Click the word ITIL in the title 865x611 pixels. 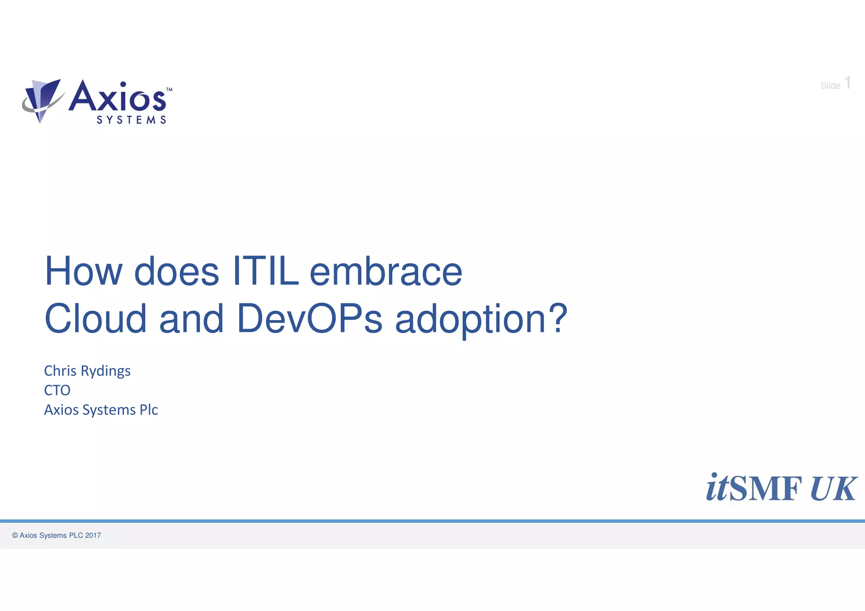point(265,272)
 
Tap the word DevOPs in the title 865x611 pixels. point(309,319)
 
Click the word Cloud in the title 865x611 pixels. point(95,319)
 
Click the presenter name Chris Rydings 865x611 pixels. point(87,371)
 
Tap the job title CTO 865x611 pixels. point(57,390)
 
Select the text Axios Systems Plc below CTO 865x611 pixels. point(101,410)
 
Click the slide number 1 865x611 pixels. point(847,83)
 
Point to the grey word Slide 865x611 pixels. point(830,86)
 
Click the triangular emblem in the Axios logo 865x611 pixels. point(42,99)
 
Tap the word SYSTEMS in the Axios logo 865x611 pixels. point(131,120)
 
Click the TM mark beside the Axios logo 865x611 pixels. point(169,90)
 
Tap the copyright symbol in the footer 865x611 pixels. point(15,535)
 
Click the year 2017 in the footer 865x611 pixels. point(93,535)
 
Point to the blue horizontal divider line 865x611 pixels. point(432,521)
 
